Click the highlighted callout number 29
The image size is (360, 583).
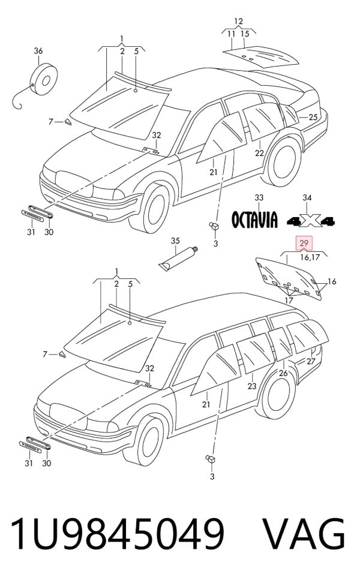304,243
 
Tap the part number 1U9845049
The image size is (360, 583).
118,534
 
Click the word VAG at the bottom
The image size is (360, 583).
304,534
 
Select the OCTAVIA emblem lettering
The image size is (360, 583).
254,220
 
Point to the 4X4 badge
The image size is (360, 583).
311,221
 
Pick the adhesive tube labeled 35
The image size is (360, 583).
178,258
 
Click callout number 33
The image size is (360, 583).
259,198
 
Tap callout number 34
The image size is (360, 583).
307,198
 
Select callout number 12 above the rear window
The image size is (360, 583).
238,21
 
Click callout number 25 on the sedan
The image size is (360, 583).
313,117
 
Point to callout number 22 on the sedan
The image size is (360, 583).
259,153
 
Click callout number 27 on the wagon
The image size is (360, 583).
311,361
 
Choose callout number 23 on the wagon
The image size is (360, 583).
252,386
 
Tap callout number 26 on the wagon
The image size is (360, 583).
283,372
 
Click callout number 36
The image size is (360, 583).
38,51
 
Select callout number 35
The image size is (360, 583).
175,241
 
